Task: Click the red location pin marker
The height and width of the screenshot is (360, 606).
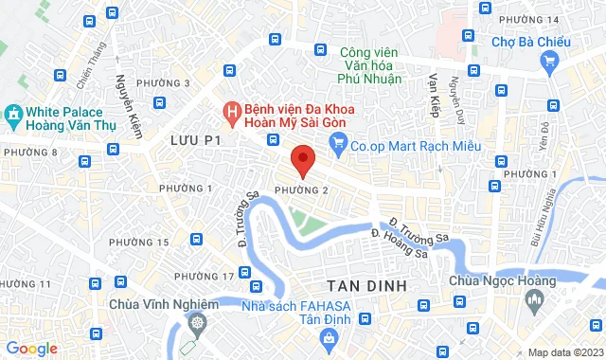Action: (x=302, y=160)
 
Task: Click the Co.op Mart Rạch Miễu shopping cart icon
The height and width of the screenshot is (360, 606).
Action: (x=337, y=145)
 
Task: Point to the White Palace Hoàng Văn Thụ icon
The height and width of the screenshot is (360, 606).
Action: (x=12, y=114)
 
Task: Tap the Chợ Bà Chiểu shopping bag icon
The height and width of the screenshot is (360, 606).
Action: (x=549, y=60)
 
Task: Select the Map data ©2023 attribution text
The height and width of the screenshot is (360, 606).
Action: (x=562, y=352)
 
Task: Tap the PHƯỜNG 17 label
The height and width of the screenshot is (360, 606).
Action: (x=204, y=276)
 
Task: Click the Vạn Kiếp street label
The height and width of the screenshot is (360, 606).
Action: (x=435, y=95)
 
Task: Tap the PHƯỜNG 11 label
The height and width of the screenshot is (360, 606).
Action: (x=26, y=283)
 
